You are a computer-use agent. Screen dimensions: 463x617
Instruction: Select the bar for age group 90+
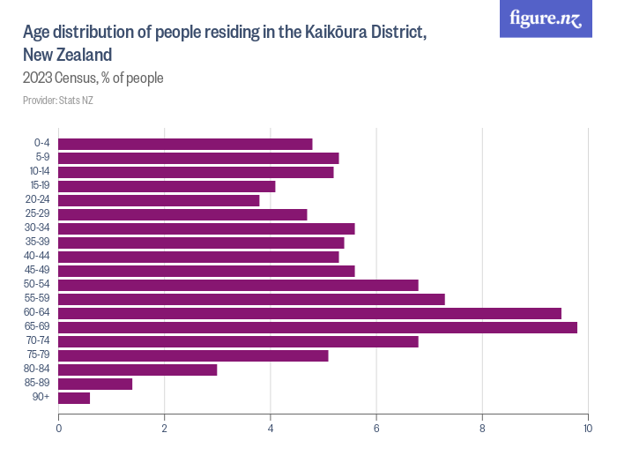click(74, 398)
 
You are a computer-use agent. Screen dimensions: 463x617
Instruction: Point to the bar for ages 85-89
click(95, 384)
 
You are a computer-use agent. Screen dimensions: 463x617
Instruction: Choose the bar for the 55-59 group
click(251, 299)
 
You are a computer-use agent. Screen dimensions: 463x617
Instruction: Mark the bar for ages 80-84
click(138, 370)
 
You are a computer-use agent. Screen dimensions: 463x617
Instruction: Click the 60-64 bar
click(309, 313)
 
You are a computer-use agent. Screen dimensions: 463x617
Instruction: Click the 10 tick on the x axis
click(587, 429)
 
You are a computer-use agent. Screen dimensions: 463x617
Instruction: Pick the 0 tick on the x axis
click(59, 429)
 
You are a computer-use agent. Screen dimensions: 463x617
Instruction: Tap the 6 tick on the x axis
click(376, 429)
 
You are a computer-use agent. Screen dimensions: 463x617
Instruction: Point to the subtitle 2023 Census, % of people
click(93, 78)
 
